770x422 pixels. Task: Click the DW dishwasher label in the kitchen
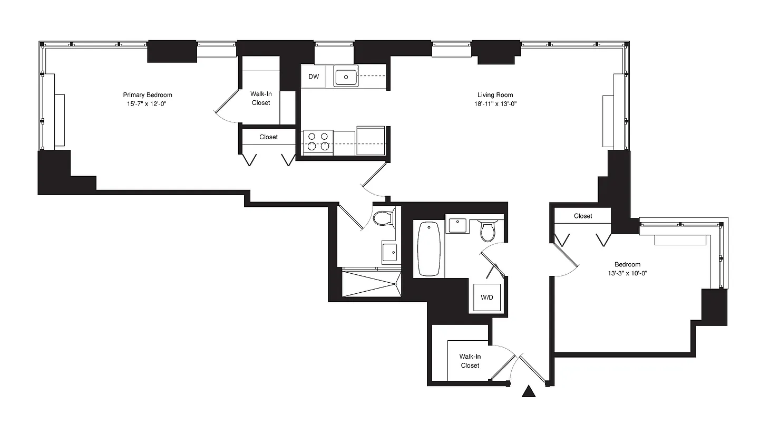coord(314,76)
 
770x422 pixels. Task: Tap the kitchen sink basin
coord(346,77)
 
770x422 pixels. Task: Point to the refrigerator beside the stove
coord(371,141)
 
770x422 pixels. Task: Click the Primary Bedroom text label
coord(148,95)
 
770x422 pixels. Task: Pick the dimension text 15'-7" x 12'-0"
coord(148,104)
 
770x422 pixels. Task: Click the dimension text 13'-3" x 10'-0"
coord(627,273)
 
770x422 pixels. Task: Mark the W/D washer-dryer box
coord(487,298)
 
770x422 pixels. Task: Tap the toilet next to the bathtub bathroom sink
coord(488,229)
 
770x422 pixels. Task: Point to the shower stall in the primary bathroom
coord(371,283)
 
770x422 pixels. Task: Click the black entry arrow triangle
coord(528,392)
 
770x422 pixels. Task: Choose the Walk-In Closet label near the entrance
coord(470,361)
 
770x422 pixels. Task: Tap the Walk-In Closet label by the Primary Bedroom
coord(260,98)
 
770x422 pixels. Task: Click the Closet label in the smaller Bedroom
coord(583,216)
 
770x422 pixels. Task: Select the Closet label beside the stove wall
coord(268,137)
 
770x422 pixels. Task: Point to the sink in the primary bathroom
coord(390,252)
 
